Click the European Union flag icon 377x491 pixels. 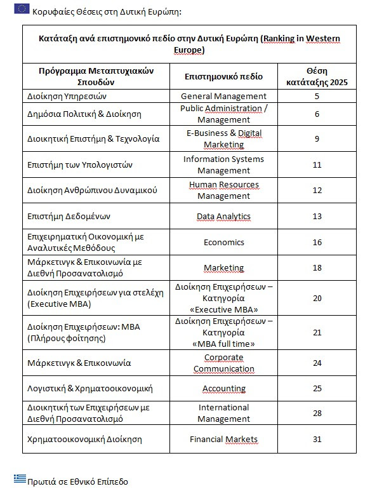pos(22,8)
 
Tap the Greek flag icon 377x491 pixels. pos(20,478)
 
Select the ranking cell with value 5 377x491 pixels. pos(317,96)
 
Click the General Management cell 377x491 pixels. pos(223,96)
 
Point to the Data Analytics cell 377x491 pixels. pos(223,217)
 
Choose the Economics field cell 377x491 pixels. pos(223,242)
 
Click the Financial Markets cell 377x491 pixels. pos(223,439)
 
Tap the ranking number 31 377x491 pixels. pos(317,439)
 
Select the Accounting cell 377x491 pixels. pos(223,388)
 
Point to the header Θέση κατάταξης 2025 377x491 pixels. pos(317,76)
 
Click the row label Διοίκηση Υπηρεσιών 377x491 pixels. pos(66,97)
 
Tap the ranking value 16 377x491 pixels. pos(317,242)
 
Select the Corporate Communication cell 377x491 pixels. pos(223,363)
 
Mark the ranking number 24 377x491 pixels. pos(317,363)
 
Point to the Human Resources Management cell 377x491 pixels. pos(223,190)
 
